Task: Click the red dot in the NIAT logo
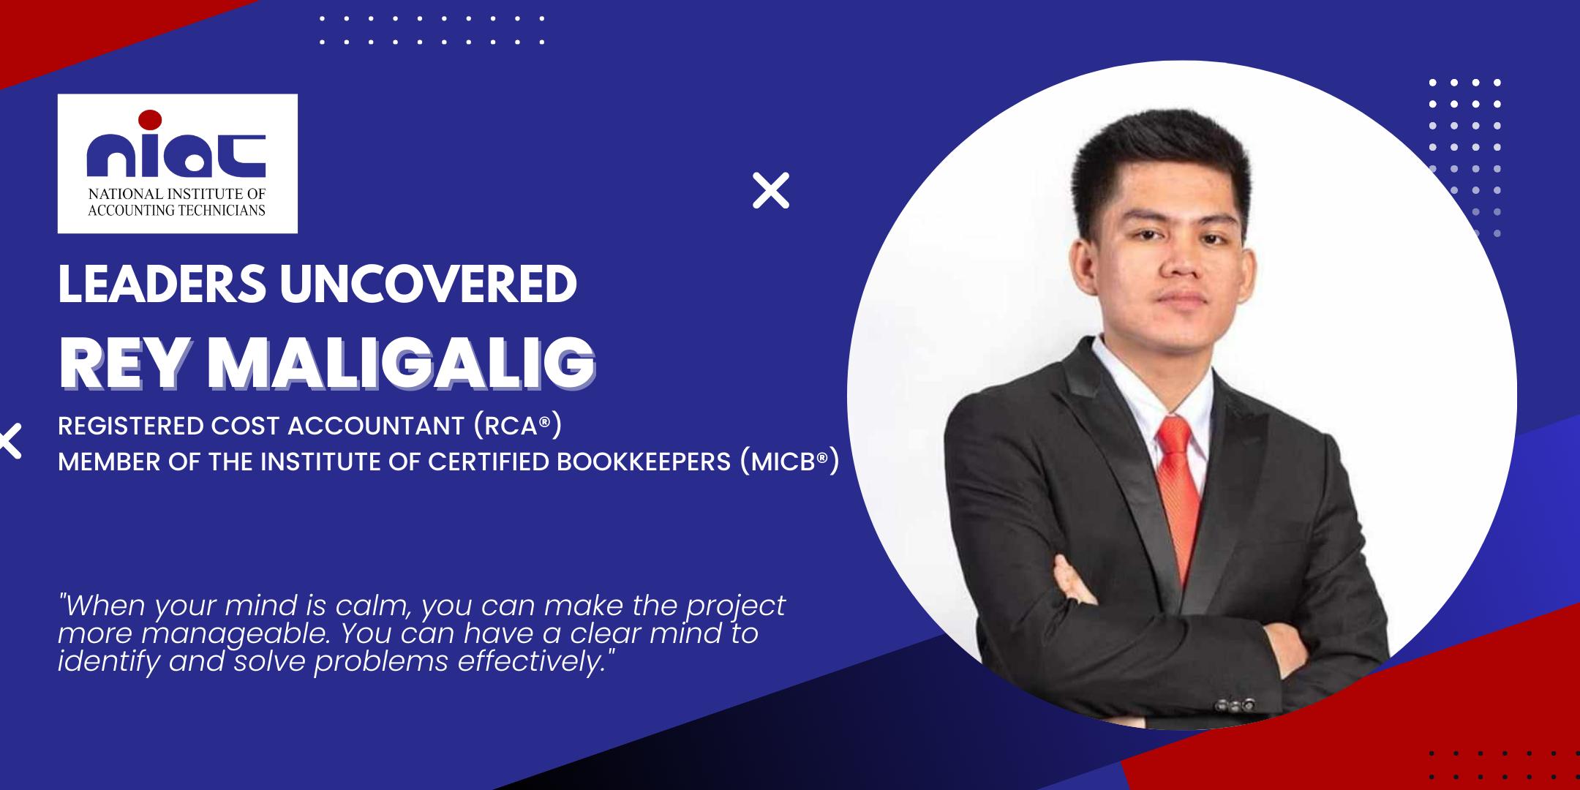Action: tap(150, 120)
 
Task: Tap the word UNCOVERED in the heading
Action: tap(429, 284)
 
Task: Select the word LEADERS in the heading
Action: tap(162, 284)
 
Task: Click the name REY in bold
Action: tap(125, 363)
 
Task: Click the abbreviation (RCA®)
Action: tap(518, 425)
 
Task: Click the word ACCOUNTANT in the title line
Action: tap(376, 426)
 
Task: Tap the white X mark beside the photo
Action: tap(771, 190)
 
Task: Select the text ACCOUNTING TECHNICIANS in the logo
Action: tap(176, 211)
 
